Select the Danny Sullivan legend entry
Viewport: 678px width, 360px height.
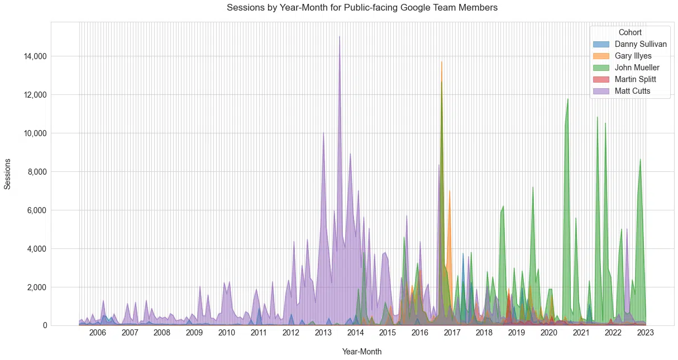coord(640,44)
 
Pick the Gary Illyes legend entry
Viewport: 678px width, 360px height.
coord(633,56)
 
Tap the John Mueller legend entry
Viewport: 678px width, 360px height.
coord(637,68)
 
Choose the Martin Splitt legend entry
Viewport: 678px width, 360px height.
coord(635,79)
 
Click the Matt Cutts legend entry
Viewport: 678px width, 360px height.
coord(632,91)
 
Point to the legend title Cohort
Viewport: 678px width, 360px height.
coord(630,32)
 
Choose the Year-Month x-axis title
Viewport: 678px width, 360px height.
coord(362,352)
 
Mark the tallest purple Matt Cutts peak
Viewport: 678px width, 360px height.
coord(340,37)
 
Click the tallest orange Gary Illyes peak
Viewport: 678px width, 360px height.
coord(441,63)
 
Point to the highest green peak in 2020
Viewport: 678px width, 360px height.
coord(568,99)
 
